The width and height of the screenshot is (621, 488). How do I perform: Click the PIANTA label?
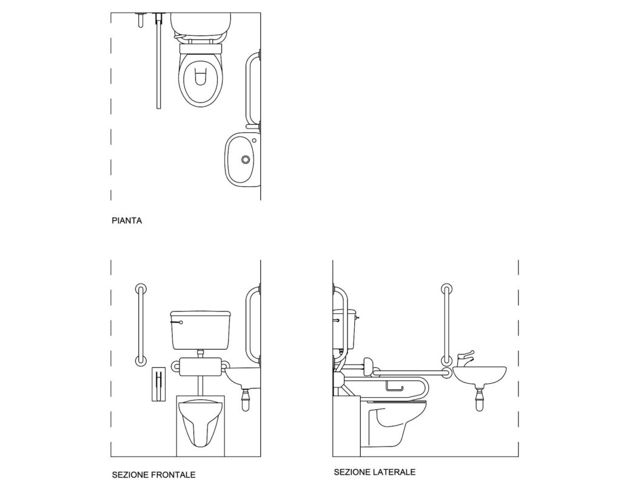point(127,221)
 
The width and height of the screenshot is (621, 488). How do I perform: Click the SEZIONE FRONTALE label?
point(153,475)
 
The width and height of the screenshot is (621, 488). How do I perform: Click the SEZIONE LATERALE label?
point(374,472)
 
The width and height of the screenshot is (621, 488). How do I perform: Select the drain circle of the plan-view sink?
point(246,159)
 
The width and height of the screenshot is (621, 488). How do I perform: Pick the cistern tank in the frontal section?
point(200,330)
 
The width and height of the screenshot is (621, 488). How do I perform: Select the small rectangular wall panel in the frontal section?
point(158,384)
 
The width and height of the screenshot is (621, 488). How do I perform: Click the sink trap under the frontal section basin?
point(246,399)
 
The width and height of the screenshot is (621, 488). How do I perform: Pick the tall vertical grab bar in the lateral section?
point(447,327)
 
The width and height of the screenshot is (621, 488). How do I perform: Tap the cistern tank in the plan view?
point(201,22)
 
